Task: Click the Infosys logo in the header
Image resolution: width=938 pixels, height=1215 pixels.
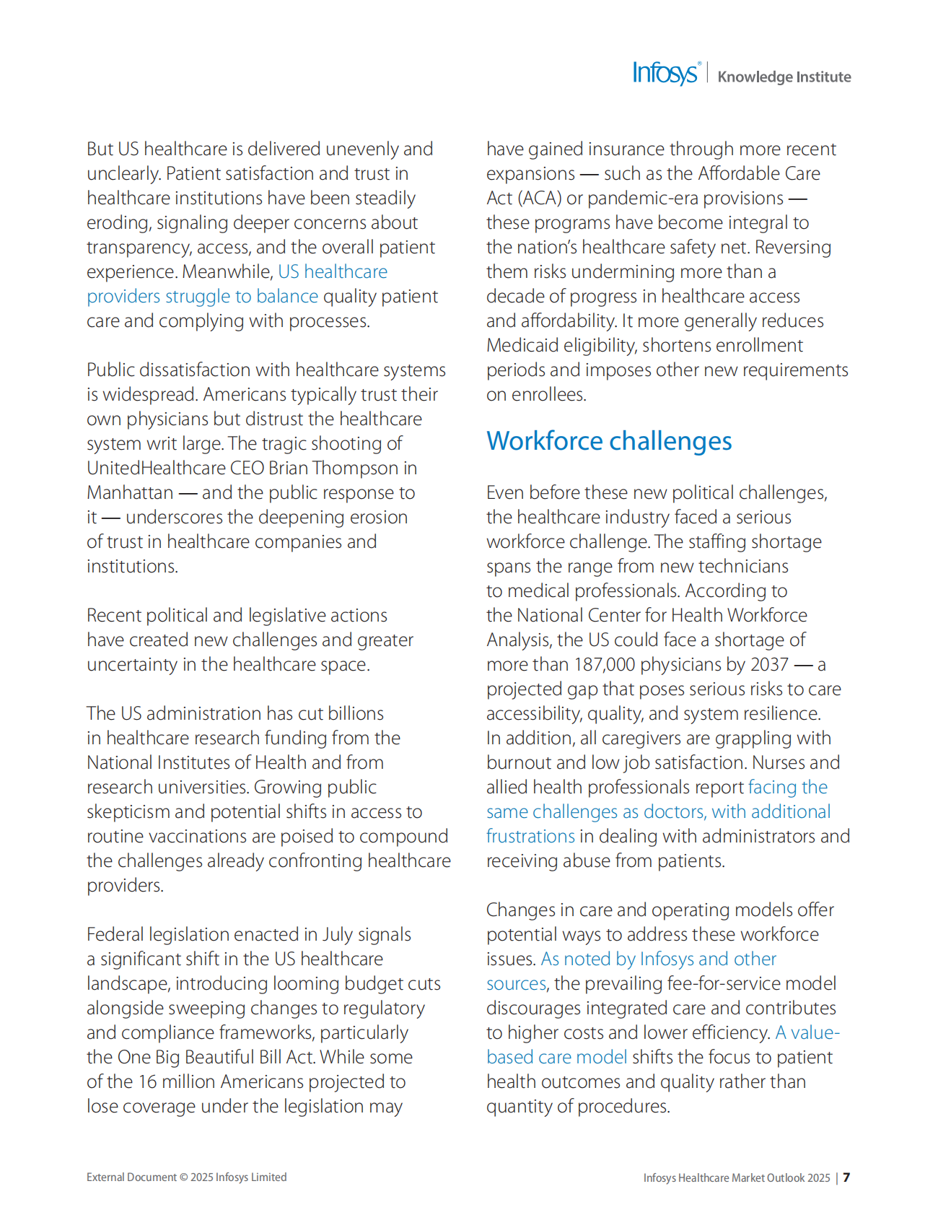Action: click(x=665, y=74)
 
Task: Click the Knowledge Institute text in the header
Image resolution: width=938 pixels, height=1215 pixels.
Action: click(x=784, y=77)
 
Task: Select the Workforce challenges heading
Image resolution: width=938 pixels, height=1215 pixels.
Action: click(x=609, y=441)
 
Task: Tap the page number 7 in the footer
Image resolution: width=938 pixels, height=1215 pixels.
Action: click(x=846, y=1177)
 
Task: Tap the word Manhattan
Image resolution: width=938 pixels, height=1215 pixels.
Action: click(x=130, y=493)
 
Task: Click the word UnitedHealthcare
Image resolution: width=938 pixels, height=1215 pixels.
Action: click(x=156, y=469)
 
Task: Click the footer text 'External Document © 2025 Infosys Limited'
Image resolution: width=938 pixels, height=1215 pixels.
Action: click(x=186, y=1177)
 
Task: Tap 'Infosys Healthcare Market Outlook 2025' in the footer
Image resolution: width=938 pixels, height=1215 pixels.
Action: click(x=736, y=1178)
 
